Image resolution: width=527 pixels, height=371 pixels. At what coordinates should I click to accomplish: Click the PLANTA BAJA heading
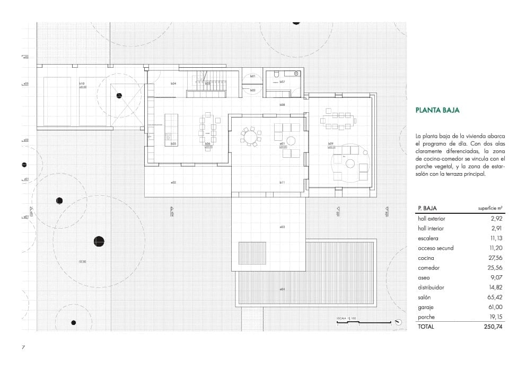437,111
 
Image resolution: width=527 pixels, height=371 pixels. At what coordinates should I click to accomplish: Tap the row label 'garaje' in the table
426,307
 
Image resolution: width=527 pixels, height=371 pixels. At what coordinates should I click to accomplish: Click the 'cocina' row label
426,258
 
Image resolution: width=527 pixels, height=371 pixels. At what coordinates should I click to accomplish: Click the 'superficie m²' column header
490,209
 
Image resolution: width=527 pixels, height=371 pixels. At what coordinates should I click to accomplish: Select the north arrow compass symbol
398,321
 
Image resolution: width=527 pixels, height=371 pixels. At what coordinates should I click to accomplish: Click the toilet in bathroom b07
276,76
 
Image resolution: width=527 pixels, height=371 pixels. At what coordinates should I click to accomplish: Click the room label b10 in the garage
82,84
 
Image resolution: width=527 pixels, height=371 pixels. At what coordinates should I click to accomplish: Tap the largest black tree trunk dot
99,241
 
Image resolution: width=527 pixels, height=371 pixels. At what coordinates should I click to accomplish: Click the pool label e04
283,289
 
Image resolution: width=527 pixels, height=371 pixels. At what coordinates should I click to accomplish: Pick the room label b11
283,183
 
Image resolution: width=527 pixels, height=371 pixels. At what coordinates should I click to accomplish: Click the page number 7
23,347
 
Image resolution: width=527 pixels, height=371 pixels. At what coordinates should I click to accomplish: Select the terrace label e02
173,183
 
